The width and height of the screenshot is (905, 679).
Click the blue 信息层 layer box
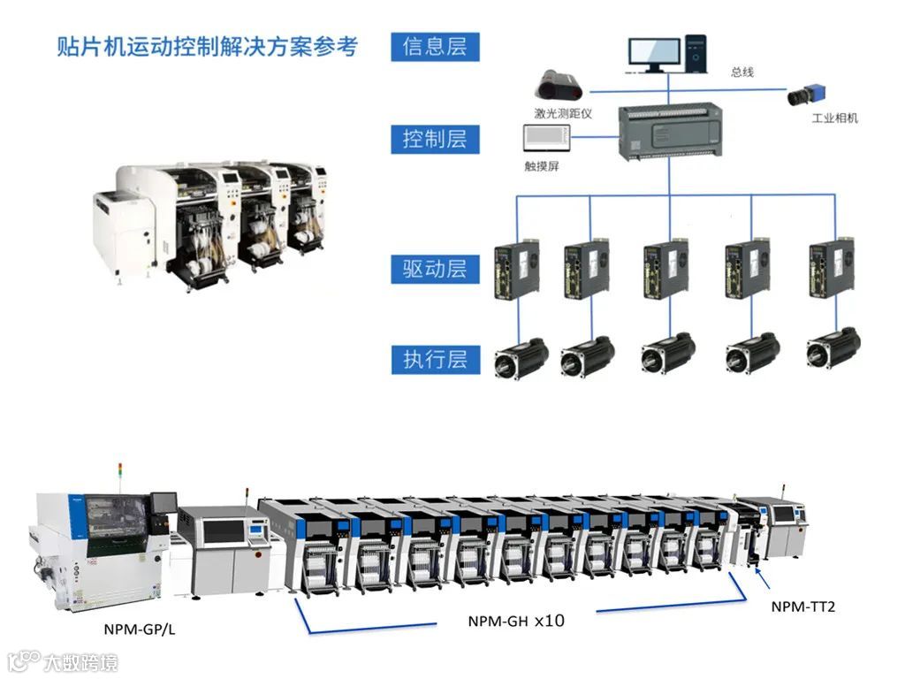435,47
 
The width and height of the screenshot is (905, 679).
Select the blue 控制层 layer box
435,139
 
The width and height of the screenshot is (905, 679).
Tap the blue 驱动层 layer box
435,269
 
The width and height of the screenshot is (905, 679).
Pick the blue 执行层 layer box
435,360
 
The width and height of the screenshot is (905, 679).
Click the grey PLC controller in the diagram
669,130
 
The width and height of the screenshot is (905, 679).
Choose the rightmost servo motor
833,347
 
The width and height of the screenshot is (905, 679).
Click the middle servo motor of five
668,351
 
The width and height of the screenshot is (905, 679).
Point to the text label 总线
742,72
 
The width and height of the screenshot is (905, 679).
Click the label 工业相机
834,118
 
